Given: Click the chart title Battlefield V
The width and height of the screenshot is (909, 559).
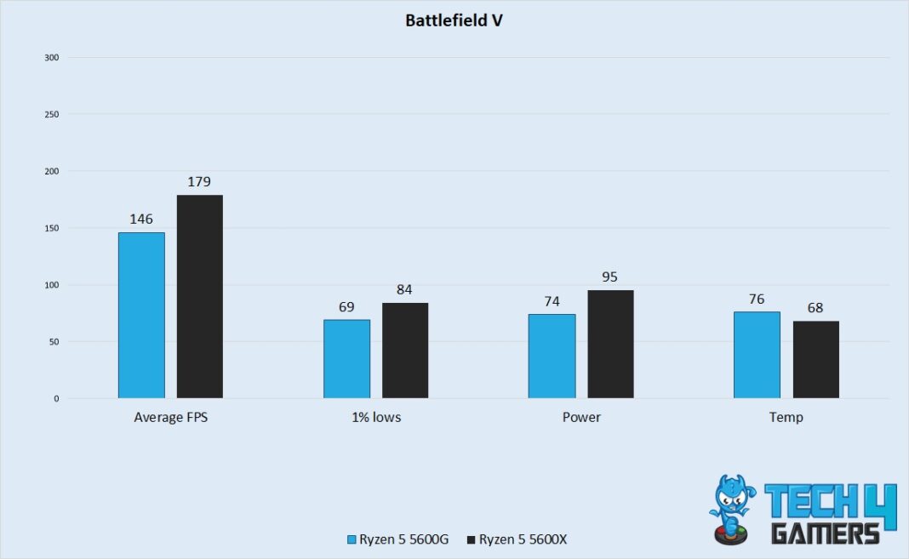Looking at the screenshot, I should pyautogui.click(x=454, y=20).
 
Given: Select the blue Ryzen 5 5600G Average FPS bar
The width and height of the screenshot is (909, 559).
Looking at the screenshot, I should pyautogui.click(x=141, y=316).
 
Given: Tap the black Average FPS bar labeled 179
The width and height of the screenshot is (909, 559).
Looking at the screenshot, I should pyautogui.click(x=200, y=297).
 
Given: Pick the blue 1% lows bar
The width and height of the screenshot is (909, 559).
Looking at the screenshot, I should pyautogui.click(x=346, y=359).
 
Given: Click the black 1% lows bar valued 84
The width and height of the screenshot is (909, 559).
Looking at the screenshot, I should pyautogui.click(x=405, y=351).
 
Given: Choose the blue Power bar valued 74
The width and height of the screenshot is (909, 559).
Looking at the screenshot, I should pyautogui.click(x=552, y=357).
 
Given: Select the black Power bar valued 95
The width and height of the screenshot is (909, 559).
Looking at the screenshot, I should pyautogui.click(x=610, y=345).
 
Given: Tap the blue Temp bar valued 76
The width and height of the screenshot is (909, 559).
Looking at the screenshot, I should pyautogui.click(x=757, y=355).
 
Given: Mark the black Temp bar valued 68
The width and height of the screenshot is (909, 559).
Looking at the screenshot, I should pyautogui.click(x=815, y=360).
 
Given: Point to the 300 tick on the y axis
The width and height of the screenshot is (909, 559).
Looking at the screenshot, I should pyautogui.click(x=52, y=58).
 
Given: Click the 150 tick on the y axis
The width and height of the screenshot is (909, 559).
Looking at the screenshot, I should pyautogui.click(x=52, y=228).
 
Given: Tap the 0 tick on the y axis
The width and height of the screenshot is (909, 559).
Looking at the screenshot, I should pyautogui.click(x=56, y=399).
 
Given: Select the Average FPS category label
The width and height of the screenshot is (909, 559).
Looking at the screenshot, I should pyautogui.click(x=170, y=418).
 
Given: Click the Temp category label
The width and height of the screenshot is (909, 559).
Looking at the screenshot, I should pyautogui.click(x=786, y=418).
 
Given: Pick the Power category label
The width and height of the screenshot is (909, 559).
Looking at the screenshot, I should pyautogui.click(x=580, y=418).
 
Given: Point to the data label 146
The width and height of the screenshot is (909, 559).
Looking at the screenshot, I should pyautogui.click(x=141, y=220).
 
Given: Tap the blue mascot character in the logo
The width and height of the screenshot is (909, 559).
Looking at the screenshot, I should pyautogui.click(x=729, y=509).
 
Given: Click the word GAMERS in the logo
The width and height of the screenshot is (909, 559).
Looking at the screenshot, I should pyautogui.click(x=825, y=533).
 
